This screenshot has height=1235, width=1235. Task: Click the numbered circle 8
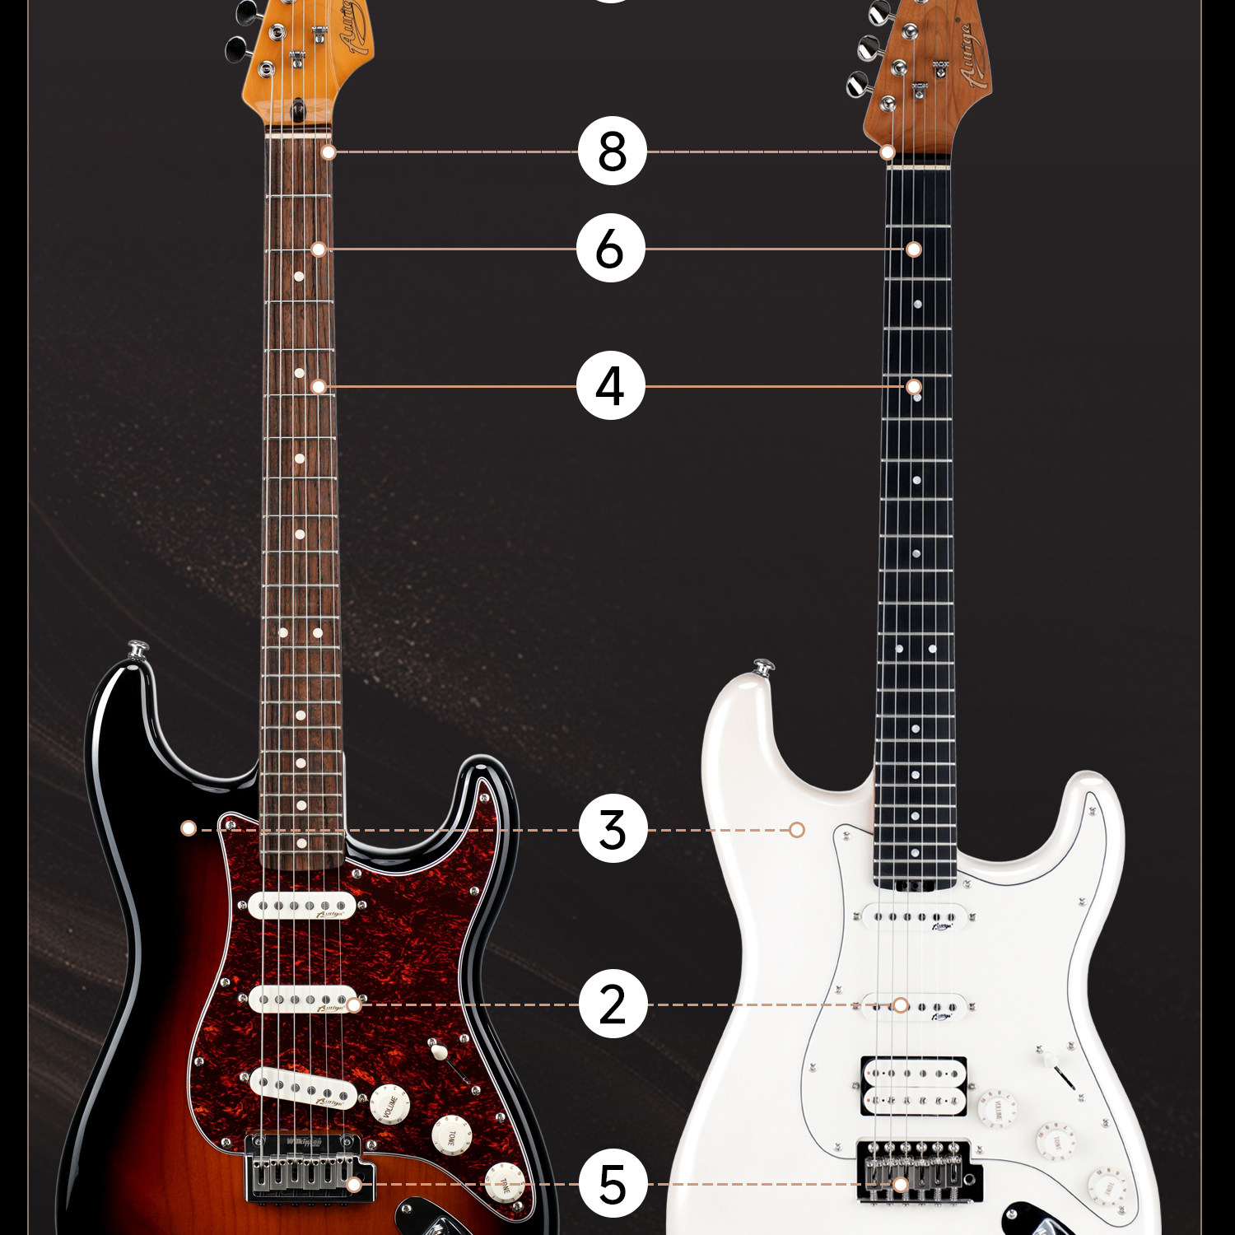(612, 151)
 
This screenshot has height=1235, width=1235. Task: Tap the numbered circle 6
(610, 249)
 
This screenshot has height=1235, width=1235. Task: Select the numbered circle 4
(610, 385)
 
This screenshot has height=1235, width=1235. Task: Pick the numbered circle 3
(613, 829)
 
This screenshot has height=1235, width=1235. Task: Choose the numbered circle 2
(613, 1004)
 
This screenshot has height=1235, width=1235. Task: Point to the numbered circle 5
(613, 1184)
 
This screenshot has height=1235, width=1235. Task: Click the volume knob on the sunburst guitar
(389, 1105)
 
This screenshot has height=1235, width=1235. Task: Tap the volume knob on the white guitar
(997, 1108)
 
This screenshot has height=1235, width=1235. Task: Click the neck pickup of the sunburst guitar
(302, 906)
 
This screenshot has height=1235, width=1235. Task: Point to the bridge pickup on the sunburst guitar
(303, 1088)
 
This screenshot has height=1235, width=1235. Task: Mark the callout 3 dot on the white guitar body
(796, 829)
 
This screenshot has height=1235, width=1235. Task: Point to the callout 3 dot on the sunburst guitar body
(189, 827)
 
